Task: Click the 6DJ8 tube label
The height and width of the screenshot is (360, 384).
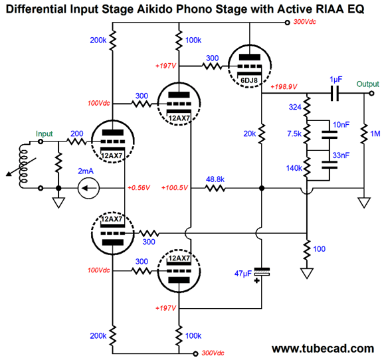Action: (249, 80)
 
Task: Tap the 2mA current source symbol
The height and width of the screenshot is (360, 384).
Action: (88, 189)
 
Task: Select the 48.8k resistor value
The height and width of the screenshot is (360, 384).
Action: (215, 179)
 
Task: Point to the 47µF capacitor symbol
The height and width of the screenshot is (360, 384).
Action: (262, 272)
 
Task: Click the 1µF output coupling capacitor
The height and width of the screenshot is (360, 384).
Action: (335, 93)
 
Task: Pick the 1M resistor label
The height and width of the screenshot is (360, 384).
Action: (375, 134)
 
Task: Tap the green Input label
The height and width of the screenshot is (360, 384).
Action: (44, 134)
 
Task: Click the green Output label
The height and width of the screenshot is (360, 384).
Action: (367, 84)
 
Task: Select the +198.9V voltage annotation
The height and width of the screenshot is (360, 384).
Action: (284, 87)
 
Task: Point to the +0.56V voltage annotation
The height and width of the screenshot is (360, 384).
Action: (139, 188)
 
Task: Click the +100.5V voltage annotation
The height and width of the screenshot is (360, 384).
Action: (175, 188)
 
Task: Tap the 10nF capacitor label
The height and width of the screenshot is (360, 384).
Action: (341, 125)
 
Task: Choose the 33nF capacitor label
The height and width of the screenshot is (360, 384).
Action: (341, 155)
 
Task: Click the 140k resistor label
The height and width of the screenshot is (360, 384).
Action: (294, 168)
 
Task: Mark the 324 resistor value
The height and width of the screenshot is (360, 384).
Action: (295, 107)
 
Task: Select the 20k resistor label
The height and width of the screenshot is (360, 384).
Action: (249, 134)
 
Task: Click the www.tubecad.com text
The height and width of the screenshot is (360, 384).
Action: (323, 348)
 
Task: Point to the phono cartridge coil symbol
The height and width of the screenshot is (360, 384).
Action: (24, 166)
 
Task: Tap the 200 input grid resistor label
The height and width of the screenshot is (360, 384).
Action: (77, 134)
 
